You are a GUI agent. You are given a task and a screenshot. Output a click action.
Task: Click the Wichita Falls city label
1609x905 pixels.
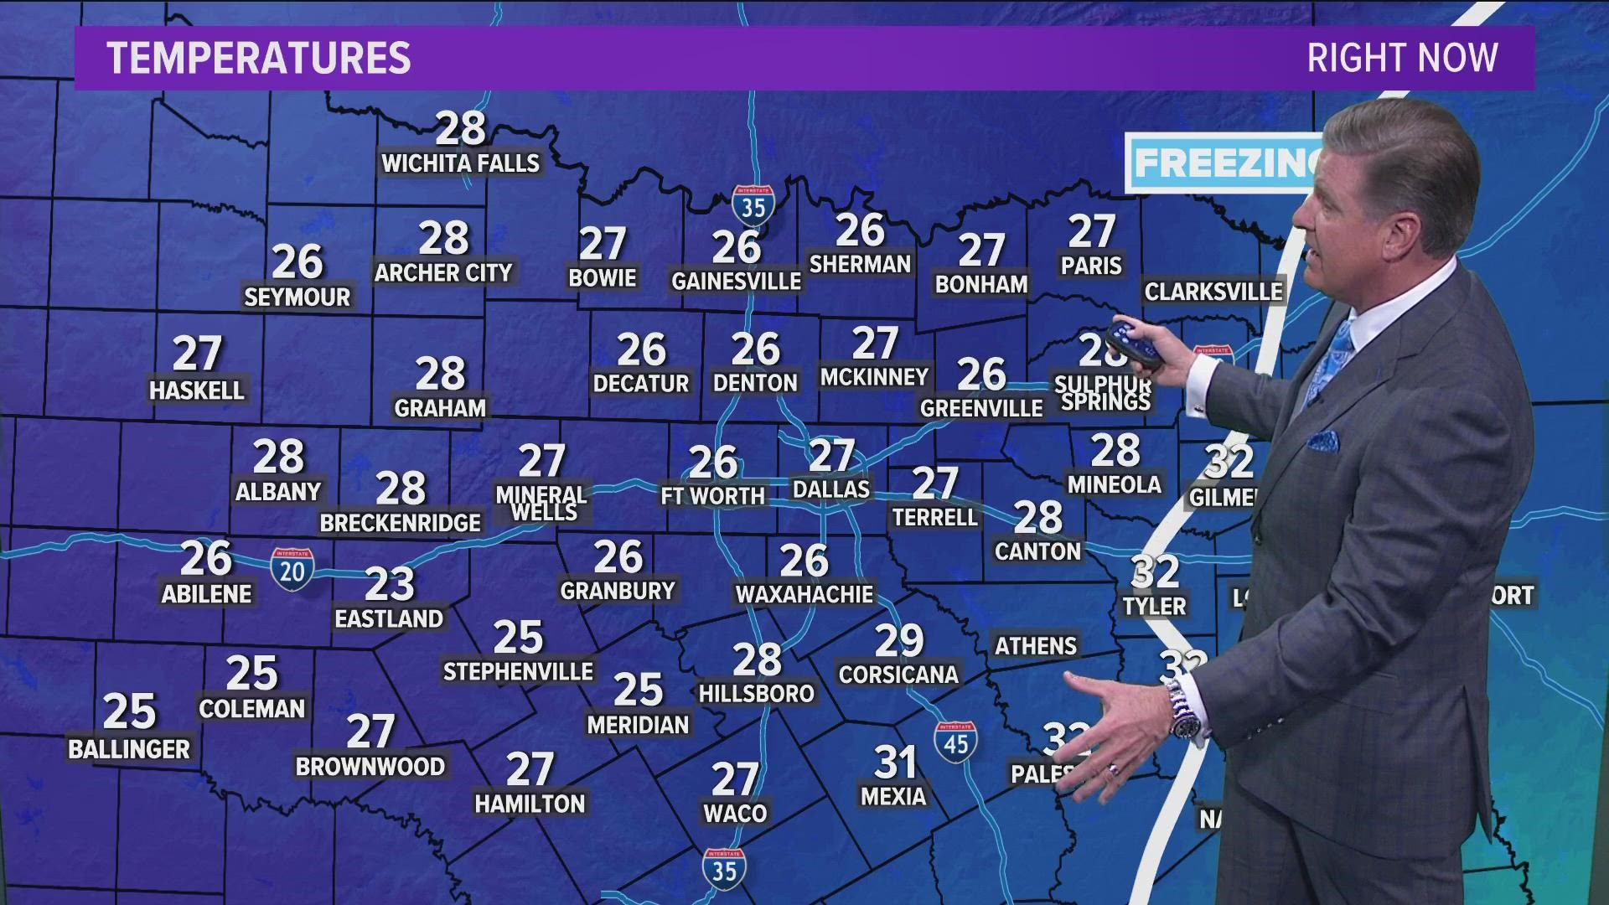coord(460,163)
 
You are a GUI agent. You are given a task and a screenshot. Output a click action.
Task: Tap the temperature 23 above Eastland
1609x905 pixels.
coord(390,584)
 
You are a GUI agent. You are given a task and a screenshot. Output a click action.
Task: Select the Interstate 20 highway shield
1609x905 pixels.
coord(292,570)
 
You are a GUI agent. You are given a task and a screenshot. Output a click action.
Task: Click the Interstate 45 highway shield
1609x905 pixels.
coord(955,742)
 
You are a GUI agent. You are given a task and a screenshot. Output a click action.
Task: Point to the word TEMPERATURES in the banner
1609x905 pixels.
coord(259,58)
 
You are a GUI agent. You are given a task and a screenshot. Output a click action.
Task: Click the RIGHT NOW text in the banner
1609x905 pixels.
coord(1402,58)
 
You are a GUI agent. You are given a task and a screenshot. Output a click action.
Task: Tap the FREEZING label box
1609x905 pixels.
coord(1224,163)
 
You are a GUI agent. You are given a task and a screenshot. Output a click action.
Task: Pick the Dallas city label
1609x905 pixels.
coord(831,489)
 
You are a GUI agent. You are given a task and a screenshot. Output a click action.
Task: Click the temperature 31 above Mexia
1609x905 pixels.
coord(895,763)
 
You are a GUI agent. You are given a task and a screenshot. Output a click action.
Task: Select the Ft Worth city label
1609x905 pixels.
coord(712,496)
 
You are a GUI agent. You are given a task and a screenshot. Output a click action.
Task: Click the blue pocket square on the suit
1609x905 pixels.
coord(1324,439)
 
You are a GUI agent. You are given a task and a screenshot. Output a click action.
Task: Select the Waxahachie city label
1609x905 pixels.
coord(804,594)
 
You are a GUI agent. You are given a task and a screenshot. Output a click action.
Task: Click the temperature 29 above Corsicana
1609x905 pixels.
coord(899,641)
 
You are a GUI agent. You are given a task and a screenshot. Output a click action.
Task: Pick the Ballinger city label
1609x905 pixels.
coord(129,748)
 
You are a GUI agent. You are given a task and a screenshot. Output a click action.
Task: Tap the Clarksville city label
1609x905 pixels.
coord(1213,292)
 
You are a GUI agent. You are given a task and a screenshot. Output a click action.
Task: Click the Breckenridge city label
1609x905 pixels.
coord(401,523)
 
